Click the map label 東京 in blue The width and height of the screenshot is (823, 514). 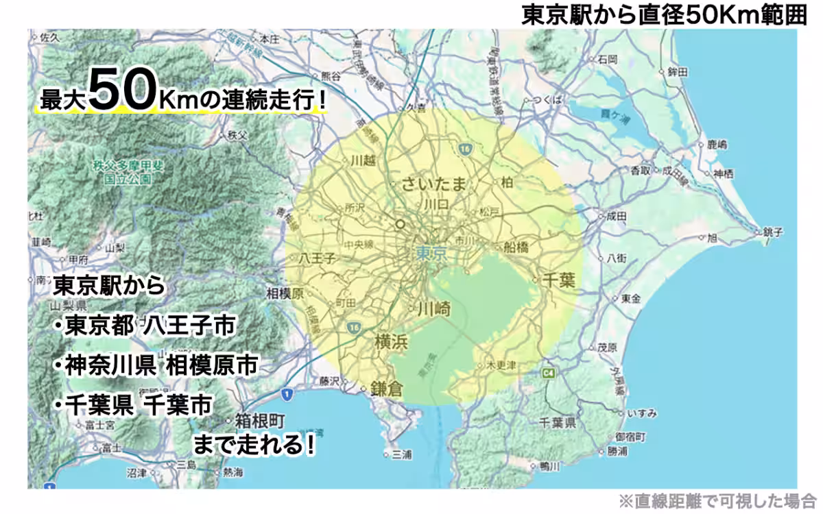pos(431,254)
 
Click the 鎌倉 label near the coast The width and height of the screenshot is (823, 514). pos(387,388)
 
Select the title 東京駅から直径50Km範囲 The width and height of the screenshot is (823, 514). pos(664,14)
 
